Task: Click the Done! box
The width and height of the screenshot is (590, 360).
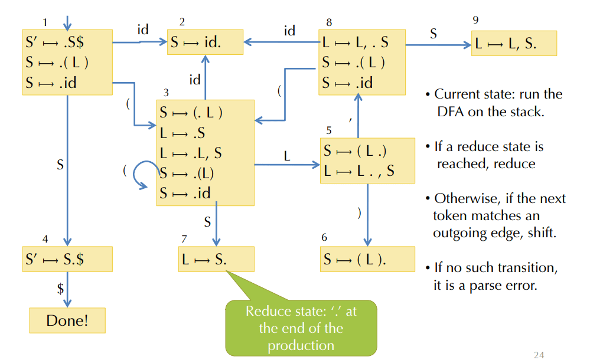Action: click(67, 320)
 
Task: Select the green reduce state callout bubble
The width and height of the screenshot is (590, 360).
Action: click(301, 328)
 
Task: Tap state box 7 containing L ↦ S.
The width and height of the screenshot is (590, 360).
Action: click(216, 259)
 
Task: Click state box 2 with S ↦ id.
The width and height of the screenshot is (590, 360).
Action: click(205, 42)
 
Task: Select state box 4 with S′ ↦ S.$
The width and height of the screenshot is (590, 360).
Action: click(67, 259)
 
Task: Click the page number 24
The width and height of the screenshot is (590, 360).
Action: click(538, 354)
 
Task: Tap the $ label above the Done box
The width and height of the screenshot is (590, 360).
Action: click(60, 289)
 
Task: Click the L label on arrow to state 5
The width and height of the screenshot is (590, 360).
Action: click(287, 156)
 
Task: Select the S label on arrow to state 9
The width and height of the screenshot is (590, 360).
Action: click(433, 34)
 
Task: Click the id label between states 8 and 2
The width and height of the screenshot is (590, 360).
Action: click(289, 30)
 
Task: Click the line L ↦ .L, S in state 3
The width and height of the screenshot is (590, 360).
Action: click(191, 153)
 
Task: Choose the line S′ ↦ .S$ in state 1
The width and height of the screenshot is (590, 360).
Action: click(58, 42)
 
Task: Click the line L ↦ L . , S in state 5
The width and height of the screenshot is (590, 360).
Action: click(358, 171)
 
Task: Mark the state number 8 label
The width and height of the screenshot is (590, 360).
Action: click(329, 22)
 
